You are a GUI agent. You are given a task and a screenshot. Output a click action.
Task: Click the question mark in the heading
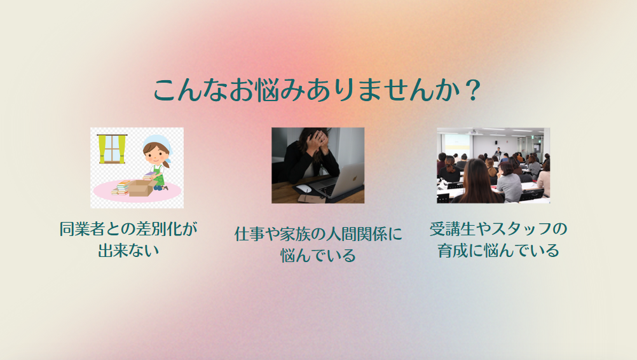point(473,90)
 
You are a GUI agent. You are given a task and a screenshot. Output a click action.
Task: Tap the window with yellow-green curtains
point(112,149)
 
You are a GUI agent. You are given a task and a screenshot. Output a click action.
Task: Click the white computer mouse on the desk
point(303,188)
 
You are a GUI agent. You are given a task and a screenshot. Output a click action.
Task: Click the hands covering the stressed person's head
point(316,140)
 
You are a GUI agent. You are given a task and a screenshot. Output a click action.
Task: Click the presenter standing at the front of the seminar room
point(498,153)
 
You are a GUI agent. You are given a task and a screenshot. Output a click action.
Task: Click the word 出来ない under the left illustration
point(128,251)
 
